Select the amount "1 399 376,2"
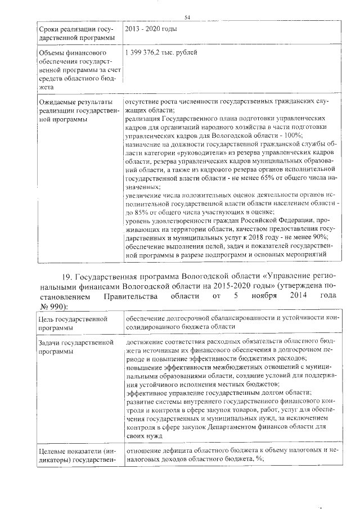146,52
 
